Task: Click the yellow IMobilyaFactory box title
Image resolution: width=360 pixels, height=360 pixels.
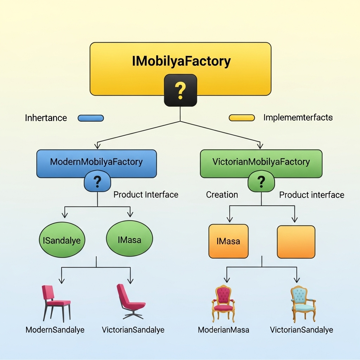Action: (181, 61)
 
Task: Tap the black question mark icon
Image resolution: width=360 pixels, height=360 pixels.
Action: (180, 90)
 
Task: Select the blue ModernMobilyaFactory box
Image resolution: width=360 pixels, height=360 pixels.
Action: (96, 162)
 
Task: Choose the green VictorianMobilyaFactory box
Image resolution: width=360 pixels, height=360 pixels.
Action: (261, 162)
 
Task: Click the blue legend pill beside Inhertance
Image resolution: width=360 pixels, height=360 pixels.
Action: (91, 118)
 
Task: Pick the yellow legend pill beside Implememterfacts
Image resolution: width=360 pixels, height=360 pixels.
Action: (242, 118)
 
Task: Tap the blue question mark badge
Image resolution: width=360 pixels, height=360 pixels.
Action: (97, 182)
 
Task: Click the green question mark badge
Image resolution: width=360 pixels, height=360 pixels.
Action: (261, 182)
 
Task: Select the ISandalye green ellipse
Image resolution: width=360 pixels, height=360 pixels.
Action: (62, 241)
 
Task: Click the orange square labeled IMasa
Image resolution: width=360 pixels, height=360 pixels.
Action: (229, 241)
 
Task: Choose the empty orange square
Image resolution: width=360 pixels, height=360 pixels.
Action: (296, 242)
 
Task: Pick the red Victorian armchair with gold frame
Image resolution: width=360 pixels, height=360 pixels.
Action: (224, 303)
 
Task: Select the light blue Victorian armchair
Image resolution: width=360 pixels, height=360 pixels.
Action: (302, 303)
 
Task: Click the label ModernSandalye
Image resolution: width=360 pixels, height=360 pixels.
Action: (55, 330)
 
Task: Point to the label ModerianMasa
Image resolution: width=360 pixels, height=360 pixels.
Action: (224, 330)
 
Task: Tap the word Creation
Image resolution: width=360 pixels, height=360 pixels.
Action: (222, 195)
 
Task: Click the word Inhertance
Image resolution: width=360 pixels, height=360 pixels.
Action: (46, 118)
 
